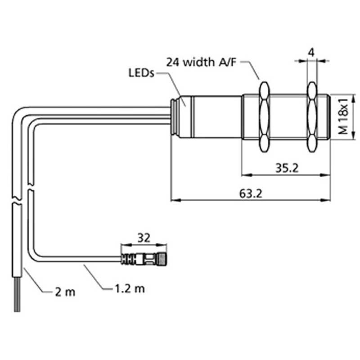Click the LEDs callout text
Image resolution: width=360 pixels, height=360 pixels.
(141, 73)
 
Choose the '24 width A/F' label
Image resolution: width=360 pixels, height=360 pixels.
(202, 62)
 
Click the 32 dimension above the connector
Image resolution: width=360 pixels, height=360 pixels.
(144, 237)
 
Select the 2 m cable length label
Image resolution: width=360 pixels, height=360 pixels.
(65, 292)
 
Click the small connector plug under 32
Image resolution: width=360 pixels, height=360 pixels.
(144, 259)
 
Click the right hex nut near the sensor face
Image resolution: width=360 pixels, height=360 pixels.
(312, 116)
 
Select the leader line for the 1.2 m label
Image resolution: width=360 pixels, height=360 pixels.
(94, 277)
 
